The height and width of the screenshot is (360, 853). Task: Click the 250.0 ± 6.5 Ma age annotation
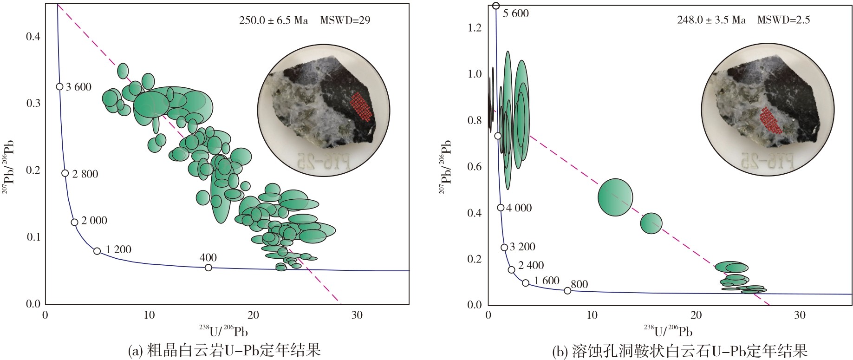(x=273, y=20)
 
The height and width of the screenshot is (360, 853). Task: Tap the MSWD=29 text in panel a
(x=345, y=20)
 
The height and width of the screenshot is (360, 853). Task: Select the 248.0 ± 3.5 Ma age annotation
(x=711, y=20)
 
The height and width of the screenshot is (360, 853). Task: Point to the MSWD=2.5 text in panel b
(x=784, y=20)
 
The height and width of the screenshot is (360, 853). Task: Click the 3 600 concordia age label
(x=78, y=87)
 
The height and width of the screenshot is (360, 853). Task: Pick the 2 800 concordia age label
(x=85, y=174)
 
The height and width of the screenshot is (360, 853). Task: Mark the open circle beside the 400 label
(x=208, y=268)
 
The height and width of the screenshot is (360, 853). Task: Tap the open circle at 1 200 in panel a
(x=97, y=251)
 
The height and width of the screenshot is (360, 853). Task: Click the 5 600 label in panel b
(x=516, y=13)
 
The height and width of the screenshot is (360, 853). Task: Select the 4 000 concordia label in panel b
(x=519, y=208)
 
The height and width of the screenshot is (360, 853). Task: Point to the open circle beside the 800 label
(x=567, y=291)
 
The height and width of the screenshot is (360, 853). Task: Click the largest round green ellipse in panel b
(x=615, y=197)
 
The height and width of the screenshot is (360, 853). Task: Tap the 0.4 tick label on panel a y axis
(x=33, y=36)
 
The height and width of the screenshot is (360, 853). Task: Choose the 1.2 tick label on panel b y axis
(x=475, y=28)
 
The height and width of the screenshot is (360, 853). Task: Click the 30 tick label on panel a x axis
(x=357, y=315)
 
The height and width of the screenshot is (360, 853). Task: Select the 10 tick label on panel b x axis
(x=592, y=315)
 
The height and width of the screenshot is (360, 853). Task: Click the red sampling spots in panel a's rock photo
(x=361, y=107)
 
